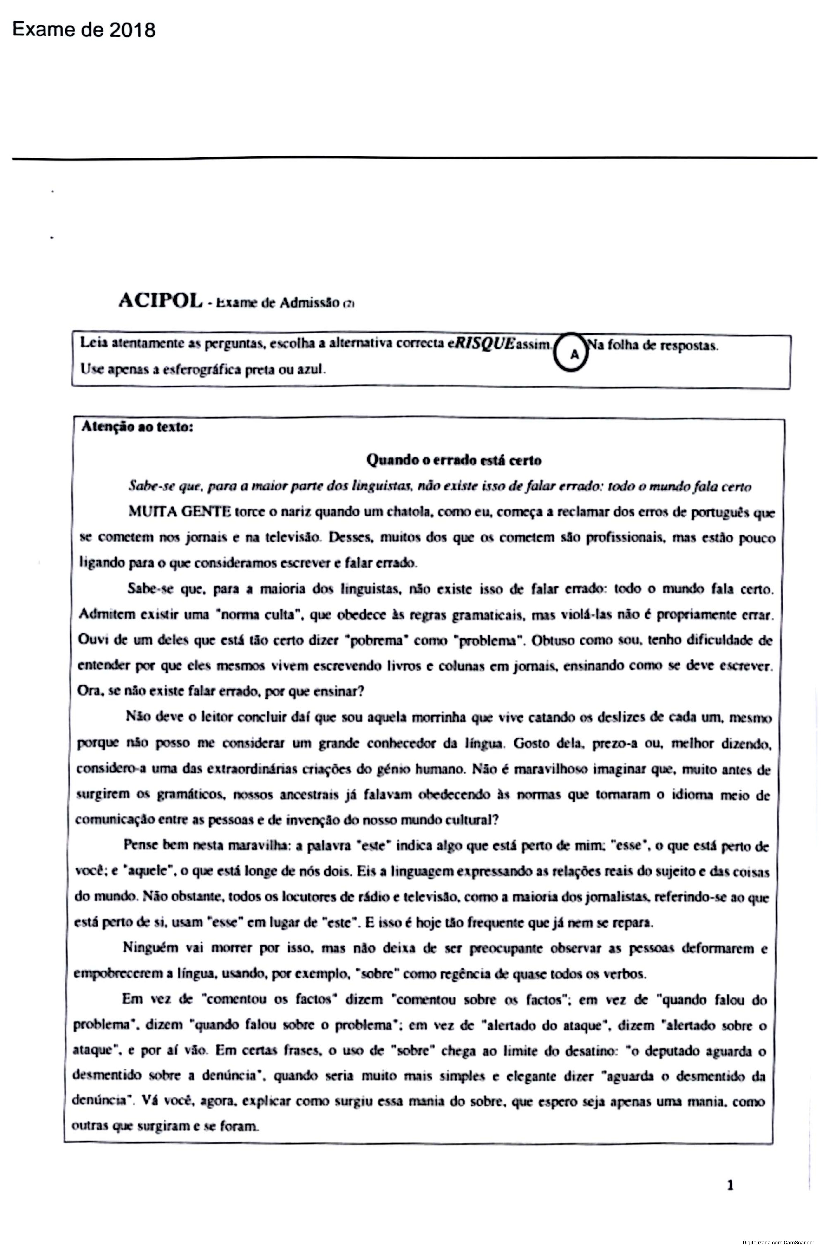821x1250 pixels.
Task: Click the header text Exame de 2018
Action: tap(84, 30)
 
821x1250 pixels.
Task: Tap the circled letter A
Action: tap(574, 354)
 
